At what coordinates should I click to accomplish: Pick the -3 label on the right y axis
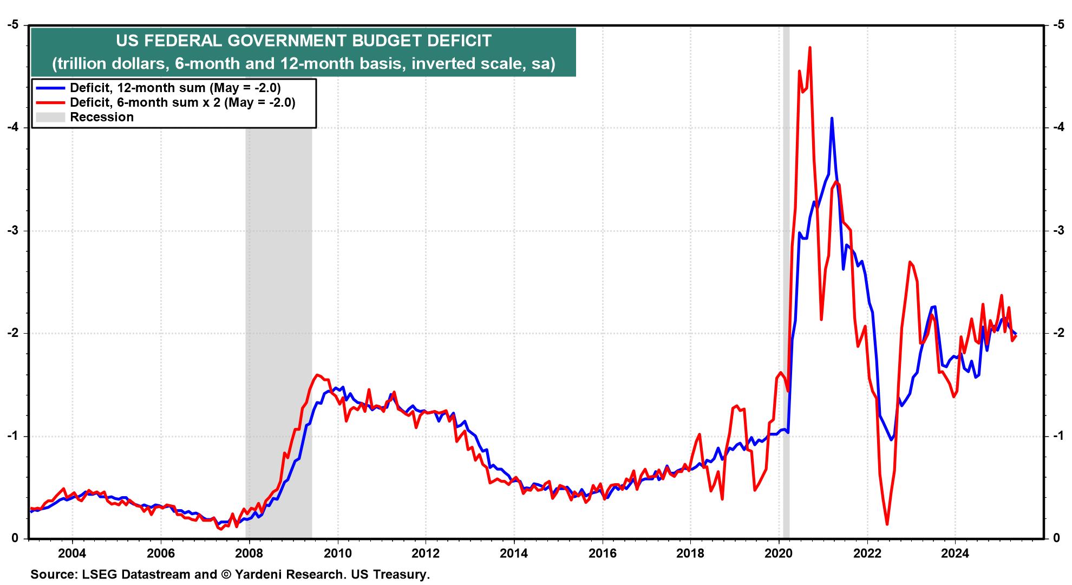point(1057,231)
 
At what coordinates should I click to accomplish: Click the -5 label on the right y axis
point(1057,25)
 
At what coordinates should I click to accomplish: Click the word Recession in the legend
point(102,117)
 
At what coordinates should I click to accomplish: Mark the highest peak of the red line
point(809,48)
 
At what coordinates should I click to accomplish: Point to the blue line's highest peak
point(832,118)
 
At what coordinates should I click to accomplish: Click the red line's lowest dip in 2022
point(887,524)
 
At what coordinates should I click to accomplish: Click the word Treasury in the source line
point(400,574)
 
